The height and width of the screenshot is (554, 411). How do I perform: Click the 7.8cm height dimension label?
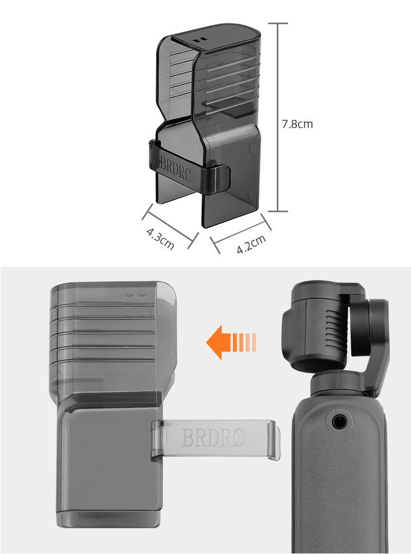click(297, 125)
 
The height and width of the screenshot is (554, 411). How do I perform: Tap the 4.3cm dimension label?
click(161, 239)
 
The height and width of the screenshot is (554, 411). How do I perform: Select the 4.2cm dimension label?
click(251, 244)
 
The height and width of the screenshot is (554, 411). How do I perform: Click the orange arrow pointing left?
click(231, 342)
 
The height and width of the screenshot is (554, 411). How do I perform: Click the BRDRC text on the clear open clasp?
click(213, 438)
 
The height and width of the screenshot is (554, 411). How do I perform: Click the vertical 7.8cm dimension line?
click(278, 117)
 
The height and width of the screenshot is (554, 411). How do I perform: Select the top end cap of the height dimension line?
click(278, 24)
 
